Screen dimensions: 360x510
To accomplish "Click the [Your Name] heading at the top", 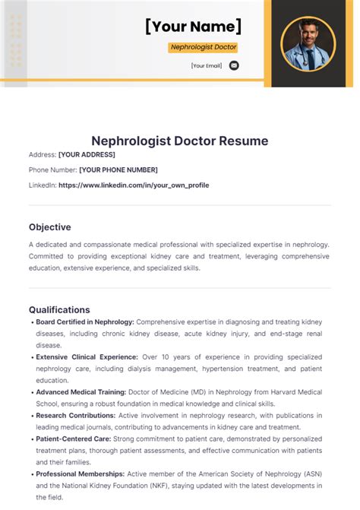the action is pyautogui.click(x=193, y=27).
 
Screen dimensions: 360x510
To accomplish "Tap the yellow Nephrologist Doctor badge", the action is pyautogui.click(x=203, y=47).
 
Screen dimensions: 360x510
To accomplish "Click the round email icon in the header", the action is pyautogui.click(x=234, y=65).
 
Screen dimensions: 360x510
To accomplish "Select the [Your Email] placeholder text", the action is pyautogui.click(x=207, y=66).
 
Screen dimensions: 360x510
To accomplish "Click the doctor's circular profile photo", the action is pyautogui.click(x=308, y=43).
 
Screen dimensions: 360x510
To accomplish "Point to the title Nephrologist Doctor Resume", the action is pyautogui.click(x=179, y=141).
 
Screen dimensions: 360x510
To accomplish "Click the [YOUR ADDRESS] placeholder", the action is pyautogui.click(x=87, y=154).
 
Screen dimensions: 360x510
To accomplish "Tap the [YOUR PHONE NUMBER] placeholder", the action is pyautogui.click(x=118, y=169).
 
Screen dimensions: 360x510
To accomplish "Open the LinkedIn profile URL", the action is pyautogui.click(x=134, y=185).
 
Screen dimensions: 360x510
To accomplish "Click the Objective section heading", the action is pyautogui.click(x=50, y=226).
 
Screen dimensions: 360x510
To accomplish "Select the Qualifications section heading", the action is pyautogui.click(x=59, y=309).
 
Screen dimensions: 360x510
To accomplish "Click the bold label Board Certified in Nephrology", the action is pyautogui.click(x=85, y=322).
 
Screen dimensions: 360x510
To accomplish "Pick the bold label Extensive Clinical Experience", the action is pyautogui.click(x=87, y=356).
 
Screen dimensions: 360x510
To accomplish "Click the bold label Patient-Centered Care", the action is pyautogui.click(x=74, y=439).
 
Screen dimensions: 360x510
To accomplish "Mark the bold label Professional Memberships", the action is pyautogui.click(x=81, y=474).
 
